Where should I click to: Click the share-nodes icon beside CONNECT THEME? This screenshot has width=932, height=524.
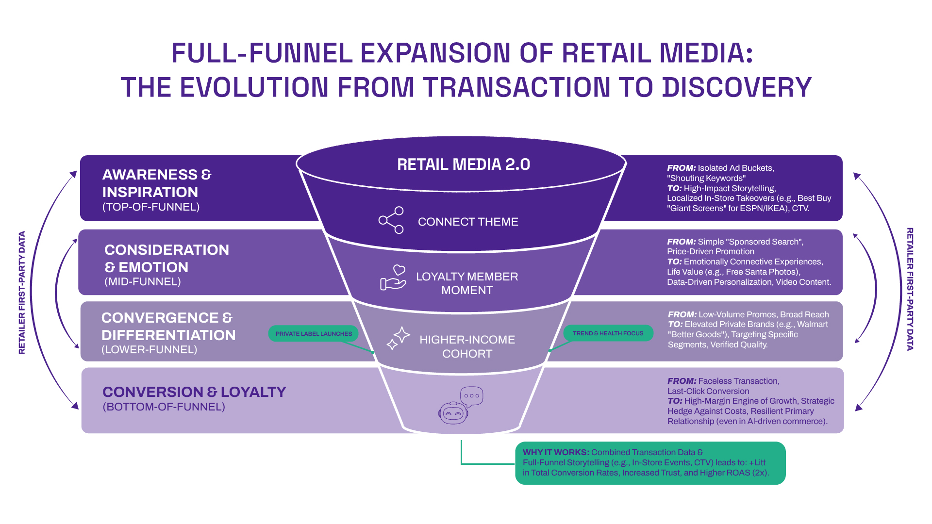(x=391, y=220)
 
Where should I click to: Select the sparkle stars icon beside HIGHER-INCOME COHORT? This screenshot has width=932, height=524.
(x=399, y=338)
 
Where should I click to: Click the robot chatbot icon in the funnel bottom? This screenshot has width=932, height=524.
(x=453, y=413)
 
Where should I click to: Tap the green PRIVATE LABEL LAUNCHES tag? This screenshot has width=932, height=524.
(x=314, y=334)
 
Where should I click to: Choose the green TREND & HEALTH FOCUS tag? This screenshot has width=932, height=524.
(x=608, y=333)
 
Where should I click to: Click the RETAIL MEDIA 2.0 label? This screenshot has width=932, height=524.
(x=463, y=164)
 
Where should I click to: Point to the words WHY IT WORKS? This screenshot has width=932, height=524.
(x=555, y=452)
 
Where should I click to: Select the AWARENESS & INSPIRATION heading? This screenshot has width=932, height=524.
(x=156, y=183)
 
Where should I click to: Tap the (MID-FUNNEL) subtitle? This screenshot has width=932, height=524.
(x=143, y=282)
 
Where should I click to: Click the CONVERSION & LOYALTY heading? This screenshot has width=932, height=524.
(x=194, y=392)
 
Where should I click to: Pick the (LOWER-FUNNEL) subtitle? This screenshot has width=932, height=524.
(x=149, y=350)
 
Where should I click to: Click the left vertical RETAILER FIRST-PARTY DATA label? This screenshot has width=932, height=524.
(x=22, y=293)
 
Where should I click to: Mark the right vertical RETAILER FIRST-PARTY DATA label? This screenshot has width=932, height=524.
(x=910, y=289)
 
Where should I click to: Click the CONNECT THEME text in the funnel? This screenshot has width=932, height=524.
(x=468, y=222)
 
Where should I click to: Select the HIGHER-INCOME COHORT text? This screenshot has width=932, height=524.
(x=467, y=346)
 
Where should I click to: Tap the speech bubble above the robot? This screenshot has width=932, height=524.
(x=471, y=396)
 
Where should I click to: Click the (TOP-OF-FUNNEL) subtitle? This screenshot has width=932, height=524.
(x=151, y=207)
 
